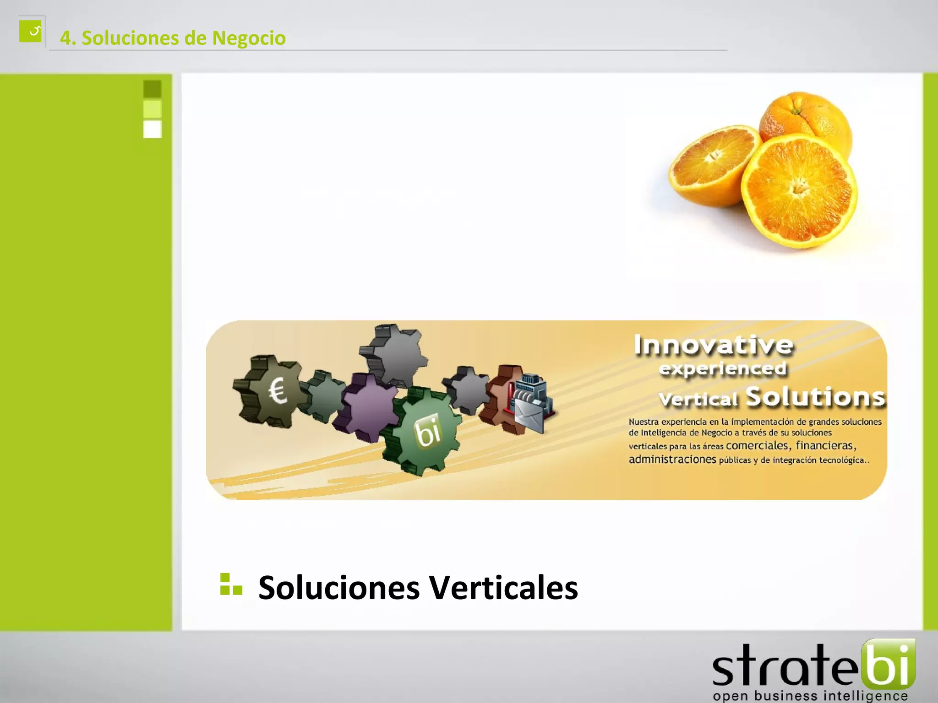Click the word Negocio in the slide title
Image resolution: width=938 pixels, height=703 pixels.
249,38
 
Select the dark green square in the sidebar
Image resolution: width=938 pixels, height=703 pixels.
153,89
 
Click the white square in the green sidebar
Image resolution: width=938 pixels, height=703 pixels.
153,129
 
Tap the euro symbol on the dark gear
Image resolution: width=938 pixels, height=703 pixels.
278,391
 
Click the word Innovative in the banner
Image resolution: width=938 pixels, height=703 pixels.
713,345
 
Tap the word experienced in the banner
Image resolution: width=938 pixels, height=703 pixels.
723,369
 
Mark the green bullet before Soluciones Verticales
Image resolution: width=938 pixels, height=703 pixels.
231,584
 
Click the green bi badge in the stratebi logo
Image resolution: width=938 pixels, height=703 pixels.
888,663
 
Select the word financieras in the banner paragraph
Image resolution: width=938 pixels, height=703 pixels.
824,445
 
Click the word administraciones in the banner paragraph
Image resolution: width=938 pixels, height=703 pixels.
672,459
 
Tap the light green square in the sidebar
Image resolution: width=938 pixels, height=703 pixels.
153,109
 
